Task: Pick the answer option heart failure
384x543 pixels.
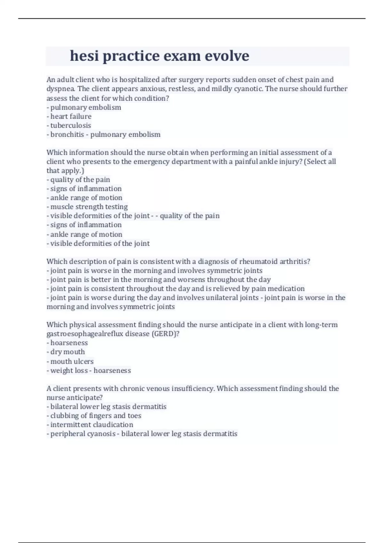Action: pyautogui.click(x=71, y=116)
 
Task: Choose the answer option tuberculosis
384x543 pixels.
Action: pyautogui.click(x=70, y=126)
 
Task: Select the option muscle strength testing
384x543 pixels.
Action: pyautogui.click(x=89, y=207)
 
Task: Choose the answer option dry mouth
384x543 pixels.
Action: pyautogui.click(x=67, y=352)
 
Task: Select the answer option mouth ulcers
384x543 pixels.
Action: pyautogui.click(x=72, y=361)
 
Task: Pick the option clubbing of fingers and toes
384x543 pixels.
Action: pyautogui.click(x=95, y=416)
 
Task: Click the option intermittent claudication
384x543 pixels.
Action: pyautogui.click(x=92, y=425)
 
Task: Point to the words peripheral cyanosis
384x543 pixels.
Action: pyautogui.click(x=83, y=434)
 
